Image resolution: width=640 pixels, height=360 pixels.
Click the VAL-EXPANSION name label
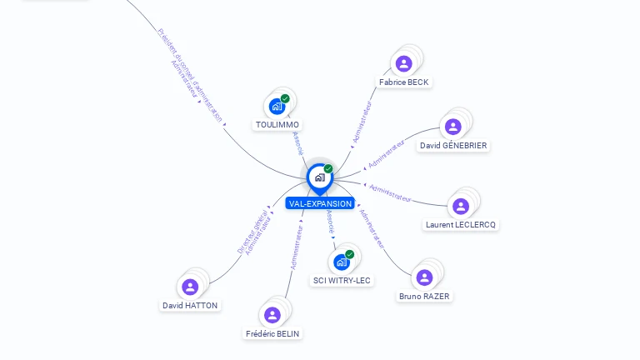(x=320, y=203)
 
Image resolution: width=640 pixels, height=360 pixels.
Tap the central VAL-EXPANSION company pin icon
(x=319, y=177)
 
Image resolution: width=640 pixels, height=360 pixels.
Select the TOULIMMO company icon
(x=277, y=107)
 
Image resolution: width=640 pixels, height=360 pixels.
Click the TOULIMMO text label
(x=277, y=125)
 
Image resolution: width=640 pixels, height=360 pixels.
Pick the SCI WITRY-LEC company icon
(x=341, y=262)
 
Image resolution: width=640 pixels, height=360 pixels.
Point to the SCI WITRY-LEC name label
(x=342, y=281)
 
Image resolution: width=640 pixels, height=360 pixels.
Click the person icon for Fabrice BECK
(x=404, y=63)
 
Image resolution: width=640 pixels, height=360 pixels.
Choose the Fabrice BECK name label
(x=404, y=82)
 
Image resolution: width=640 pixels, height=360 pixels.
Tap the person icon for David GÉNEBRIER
(x=452, y=127)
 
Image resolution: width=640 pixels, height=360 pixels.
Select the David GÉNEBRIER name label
(x=453, y=146)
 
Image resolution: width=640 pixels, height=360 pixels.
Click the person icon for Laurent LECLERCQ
(x=460, y=206)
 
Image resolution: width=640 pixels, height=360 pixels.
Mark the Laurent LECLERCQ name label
(x=461, y=225)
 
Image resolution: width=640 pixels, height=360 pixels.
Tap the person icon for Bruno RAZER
(x=424, y=277)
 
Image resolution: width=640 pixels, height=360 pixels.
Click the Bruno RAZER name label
(x=425, y=297)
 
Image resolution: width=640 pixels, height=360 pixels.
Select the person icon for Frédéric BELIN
(x=272, y=315)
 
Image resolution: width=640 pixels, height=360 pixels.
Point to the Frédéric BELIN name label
(x=272, y=334)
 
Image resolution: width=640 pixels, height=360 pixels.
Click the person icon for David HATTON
(x=190, y=287)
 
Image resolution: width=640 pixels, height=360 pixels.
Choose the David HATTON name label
(x=190, y=306)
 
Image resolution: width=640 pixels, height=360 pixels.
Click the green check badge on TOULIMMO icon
(x=285, y=98)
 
